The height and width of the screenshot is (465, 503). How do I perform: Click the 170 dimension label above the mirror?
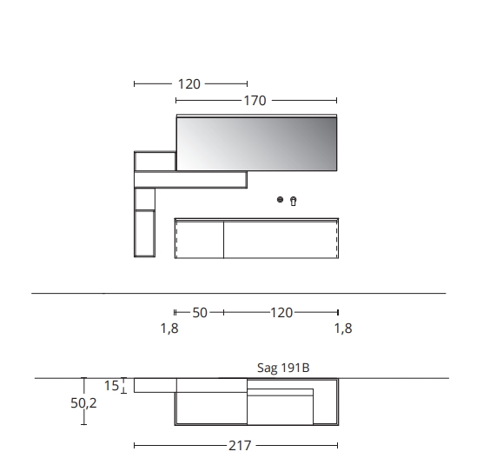click(x=255, y=101)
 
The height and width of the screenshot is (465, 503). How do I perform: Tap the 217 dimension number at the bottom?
click(x=240, y=446)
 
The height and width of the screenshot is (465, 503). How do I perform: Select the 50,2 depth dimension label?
click(x=83, y=403)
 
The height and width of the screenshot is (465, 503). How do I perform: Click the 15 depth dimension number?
click(x=111, y=385)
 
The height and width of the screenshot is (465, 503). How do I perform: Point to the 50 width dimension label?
click(x=200, y=313)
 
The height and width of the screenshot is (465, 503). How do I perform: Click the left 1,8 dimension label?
click(x=169, y=329)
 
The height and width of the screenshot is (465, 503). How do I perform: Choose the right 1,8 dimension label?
click(x=343, y=329)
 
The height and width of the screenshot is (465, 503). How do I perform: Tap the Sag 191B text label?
click(x=283, y=368)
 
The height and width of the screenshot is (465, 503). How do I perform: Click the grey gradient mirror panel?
click(x=256, y=143)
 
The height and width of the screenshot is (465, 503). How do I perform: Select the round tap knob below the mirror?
click(x=280, y=200)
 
